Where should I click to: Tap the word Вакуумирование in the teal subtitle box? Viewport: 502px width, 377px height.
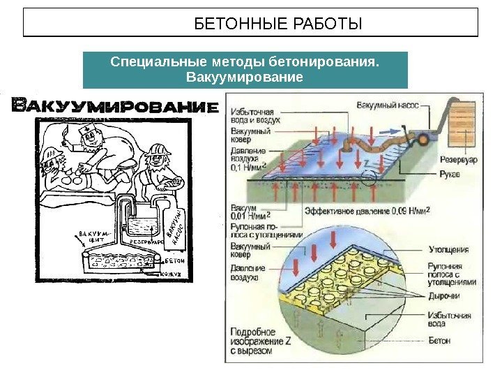tap(245, 76)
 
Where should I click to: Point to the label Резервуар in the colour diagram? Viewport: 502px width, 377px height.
tap(457, 160)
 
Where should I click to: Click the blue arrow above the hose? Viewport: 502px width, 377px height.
tap(395, 130)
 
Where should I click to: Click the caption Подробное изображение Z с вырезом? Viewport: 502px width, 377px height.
tap(252, 341)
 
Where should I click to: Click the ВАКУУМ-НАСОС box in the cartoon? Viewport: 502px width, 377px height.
tap(173, 227)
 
